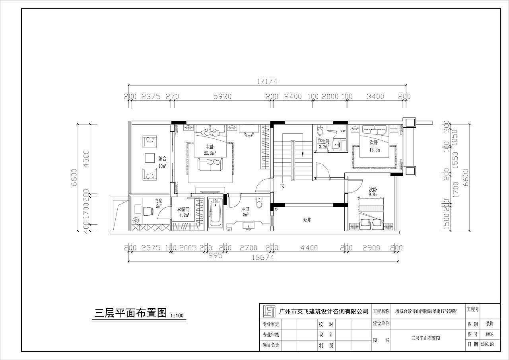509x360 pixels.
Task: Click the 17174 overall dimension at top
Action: click(x=266, y=81)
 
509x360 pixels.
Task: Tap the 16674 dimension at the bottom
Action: click(x=263, y=257)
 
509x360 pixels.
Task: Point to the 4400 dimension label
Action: click(x=309, y=248)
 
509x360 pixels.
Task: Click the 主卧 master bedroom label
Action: click(x=210, y=147)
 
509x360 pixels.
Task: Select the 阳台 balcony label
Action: click(x=162, y=158)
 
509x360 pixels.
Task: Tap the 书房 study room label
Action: click(x=158, y=201)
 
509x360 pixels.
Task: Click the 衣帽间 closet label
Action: click(x=183, y=209)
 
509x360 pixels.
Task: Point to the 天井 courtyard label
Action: click(x=306, y=220)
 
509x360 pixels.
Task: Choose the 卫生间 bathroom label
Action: click(x=322, y=141)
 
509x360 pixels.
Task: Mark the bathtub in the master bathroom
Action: click(x=215, y=214)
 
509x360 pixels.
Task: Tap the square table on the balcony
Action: click(x=150, y=158)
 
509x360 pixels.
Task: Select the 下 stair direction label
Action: click(x=282, y=187)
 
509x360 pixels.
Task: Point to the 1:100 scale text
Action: click(x=177, y=316)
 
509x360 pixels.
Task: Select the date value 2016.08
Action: click(x=487, y=344)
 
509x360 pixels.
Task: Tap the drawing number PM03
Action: click(x=490, y=335)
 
